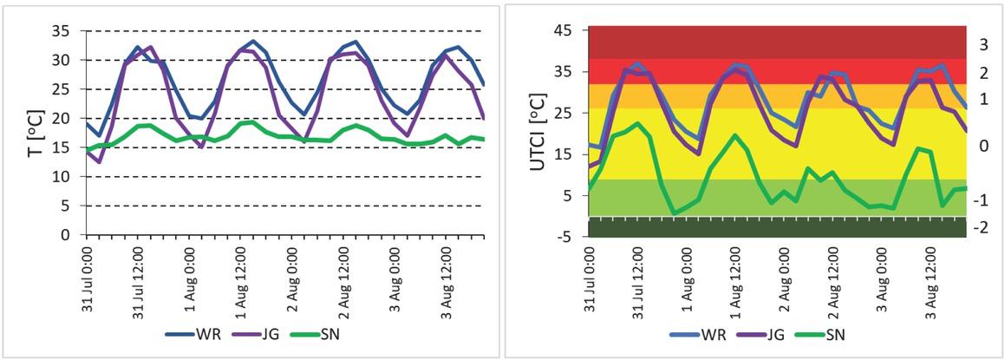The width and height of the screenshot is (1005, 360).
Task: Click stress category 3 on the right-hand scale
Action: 982,43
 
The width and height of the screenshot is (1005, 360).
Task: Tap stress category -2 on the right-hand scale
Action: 982,227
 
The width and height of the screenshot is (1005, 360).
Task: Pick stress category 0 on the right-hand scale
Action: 982,145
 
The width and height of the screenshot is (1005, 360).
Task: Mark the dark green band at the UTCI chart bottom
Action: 777,227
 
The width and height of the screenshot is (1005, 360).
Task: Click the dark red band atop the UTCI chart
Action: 777,43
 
